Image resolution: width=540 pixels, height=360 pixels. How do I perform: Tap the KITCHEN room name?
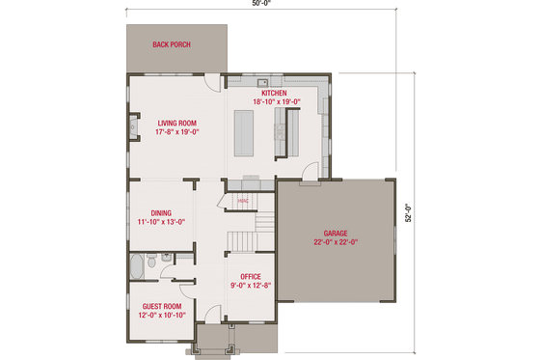tap(275, 93)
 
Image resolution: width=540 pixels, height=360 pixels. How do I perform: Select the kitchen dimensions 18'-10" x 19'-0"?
tap(277, 101)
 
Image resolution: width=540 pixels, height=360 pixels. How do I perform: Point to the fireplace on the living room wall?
tap(132, 128)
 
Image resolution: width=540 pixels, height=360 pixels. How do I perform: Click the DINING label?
tap(161, 213)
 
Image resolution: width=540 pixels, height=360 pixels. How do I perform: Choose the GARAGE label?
tap(335, 234)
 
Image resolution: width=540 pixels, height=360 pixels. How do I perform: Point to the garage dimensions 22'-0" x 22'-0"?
tap(335, 243)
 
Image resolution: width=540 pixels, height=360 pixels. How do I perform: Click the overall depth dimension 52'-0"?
tap(408, 211)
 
